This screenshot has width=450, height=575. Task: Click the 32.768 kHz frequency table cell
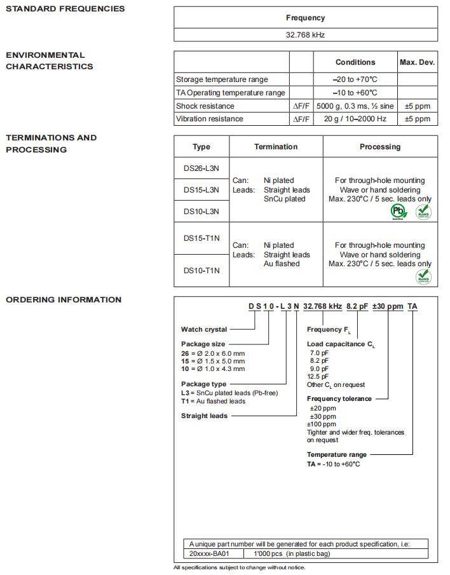tap(305, 35)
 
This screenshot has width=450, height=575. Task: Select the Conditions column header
tap(355, 62)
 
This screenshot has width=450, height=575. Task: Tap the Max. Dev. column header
tap(417, 62)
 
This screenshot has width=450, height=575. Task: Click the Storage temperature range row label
tap(222, 79)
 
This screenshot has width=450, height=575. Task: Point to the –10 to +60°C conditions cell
tap(355, 93)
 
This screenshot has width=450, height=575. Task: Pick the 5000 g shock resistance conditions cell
tap(355, 106)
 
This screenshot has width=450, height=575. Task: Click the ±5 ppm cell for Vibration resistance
tap(417, 119)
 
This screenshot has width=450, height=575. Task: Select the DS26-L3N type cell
tap(201, 168)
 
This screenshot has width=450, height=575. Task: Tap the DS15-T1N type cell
tap(201, 238)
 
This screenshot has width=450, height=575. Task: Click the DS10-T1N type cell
tap(201, 271)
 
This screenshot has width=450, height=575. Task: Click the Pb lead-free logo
tap(399, 212)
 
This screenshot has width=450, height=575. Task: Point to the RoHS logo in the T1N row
tap(423, 276)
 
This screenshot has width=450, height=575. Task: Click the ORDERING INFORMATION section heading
tap(64, 300)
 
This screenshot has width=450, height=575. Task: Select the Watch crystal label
tap(204, 329)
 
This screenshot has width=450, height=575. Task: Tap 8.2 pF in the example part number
tap(357, 306)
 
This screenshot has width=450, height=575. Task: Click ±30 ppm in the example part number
tap(386, 306)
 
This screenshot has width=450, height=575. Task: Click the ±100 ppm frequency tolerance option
tap(322, 424)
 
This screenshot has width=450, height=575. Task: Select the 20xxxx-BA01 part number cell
tap(210, 553)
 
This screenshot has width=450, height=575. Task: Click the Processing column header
tap(380, 147)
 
